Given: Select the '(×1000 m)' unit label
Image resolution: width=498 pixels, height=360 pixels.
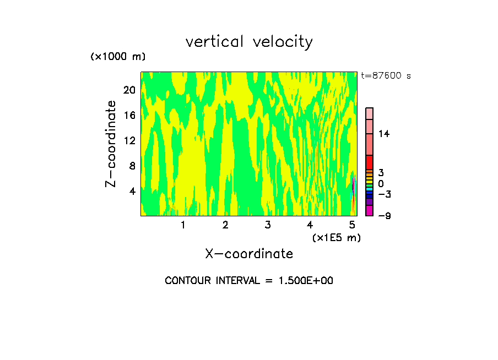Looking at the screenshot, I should (117, 57).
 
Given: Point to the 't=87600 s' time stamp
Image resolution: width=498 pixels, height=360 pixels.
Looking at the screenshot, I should (386, 76).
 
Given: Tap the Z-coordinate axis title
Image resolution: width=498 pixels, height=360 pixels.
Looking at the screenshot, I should (111, 144).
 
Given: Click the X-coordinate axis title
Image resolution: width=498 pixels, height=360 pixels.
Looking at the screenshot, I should (249, 254).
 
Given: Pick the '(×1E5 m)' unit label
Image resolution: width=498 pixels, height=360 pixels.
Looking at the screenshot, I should (336, 237).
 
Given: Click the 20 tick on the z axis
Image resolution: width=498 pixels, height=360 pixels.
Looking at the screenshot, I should (129, 90).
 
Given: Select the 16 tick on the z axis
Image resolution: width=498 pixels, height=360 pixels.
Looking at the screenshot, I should (129, 115).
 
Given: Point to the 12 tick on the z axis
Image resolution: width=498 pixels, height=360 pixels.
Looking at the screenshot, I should (129, 140).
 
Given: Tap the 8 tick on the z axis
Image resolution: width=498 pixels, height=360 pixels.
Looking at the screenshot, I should (132, 166).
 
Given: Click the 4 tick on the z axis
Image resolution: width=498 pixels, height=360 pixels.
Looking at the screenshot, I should (132, 191).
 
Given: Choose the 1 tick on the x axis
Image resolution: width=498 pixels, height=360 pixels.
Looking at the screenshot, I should (183, 225).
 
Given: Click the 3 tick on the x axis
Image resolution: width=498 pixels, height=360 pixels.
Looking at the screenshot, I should (268, 225).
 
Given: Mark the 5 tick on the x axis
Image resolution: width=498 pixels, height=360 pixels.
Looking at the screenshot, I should (353, 225).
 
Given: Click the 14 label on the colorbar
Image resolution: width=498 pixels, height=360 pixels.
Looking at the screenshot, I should (383, 134).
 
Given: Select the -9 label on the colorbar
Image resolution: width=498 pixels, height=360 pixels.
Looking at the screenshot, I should (384, 216).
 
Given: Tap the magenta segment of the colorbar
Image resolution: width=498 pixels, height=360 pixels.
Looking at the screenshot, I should (370, 211).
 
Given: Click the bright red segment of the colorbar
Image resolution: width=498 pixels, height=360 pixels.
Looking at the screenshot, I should (370, 162).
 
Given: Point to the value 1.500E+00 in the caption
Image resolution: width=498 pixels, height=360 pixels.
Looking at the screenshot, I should (306, 281).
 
